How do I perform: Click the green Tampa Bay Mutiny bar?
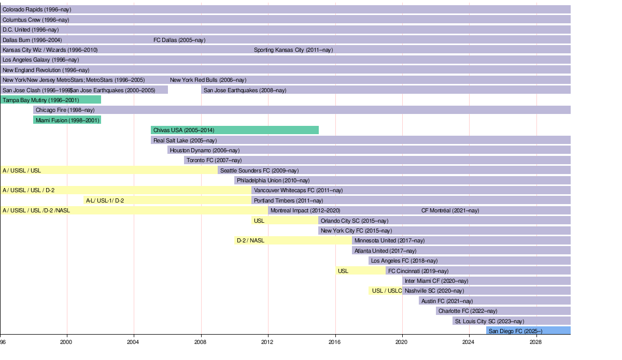tap(51, 100)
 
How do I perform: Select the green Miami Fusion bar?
tap(67, 120)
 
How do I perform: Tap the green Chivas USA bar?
tap(234, 130)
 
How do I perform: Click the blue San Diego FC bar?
tap(528, 331)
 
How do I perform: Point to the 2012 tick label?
tap(267, 342)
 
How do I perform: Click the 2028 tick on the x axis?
tap(536, 342)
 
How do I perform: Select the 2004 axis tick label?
tap(133, 342)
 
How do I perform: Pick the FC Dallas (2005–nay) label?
tap(179, 40)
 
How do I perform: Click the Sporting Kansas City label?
tap(293, 50)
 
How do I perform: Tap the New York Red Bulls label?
tap(208, 80)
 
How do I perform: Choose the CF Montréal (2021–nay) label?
tap(450, 210)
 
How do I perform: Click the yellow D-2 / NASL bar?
tap(293, 240)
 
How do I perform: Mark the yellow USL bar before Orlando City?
tap(285, 221)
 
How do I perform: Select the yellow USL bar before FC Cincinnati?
tap(360, 271)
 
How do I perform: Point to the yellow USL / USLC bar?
tap(386, 291)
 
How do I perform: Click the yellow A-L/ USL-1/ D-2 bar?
tap(167, 200)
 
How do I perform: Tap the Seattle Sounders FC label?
tap(259, 170)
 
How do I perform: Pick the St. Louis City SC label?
tap(489, 321)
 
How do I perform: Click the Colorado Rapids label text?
tap(37, 9)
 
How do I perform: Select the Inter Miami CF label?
tap(436, 281)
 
